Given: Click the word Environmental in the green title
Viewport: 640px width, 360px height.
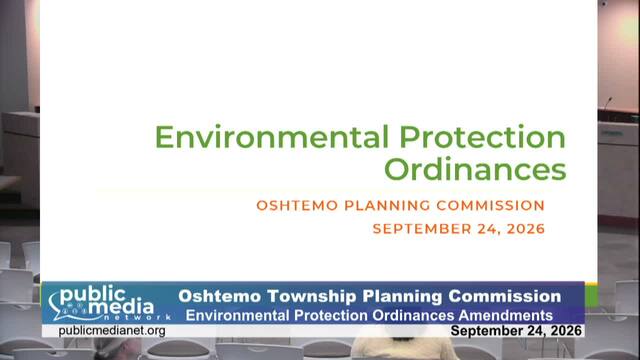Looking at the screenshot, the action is pos(271,137).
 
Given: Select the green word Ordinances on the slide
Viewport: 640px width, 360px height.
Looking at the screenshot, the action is pos(475,169).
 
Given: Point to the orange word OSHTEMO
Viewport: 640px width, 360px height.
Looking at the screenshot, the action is pos(297,205).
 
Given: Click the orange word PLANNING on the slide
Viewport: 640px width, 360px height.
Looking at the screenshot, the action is pos(387,205).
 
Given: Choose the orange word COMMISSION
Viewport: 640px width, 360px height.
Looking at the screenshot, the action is pos(491,205).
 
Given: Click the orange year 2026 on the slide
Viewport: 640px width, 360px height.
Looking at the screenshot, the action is pos(526,229).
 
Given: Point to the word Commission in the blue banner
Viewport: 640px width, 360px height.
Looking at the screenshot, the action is pos(504,296).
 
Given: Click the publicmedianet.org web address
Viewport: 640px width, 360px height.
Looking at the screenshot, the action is pos(112,331).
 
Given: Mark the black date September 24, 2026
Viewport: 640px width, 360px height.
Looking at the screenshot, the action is pos(516,331).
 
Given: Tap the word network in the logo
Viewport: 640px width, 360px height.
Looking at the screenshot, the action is pos(137,317).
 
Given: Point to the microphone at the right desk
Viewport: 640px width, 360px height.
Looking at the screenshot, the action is pos(607,104).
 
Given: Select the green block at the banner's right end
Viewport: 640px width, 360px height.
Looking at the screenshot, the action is pos(591,295).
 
